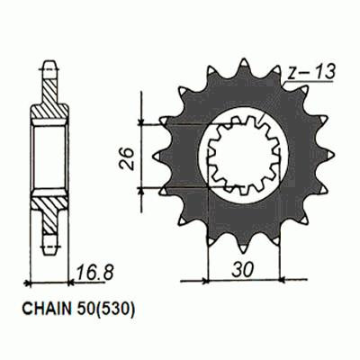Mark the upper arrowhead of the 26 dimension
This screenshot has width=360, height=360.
coord(142,124)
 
